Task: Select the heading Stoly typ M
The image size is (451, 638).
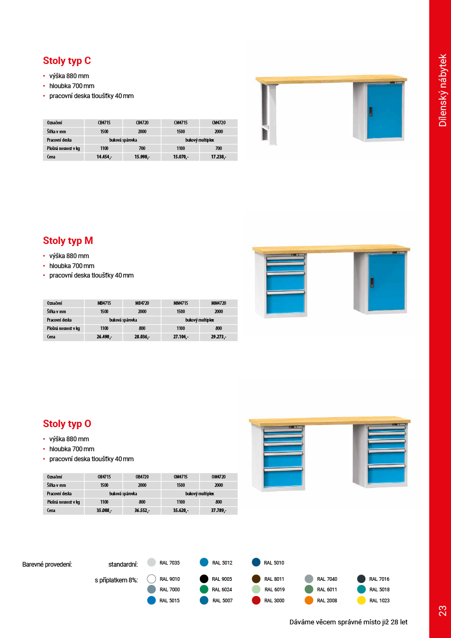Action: (x=68, y=241)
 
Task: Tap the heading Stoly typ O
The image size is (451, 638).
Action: (x=67, y=424)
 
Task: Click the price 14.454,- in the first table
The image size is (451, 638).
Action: (x=104, y=157)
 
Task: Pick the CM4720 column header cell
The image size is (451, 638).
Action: (x=219, y=123)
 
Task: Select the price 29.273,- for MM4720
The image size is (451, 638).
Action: (x=219, y=337)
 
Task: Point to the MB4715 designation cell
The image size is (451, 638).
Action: (x=104, y=303)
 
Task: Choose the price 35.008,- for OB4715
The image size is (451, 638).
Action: (x=104, y=511)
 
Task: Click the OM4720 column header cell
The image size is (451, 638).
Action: (x=219, y=477)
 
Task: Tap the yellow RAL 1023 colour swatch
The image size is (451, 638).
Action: (x=361, y=600)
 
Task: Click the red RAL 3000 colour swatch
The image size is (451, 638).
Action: (x=256, y=600)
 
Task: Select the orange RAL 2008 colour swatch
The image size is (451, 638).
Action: (x=309, y=600)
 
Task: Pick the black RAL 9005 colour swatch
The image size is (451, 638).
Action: (x=204, y=579)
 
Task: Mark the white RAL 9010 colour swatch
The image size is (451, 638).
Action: (x=152, y=579)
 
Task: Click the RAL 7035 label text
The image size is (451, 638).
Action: (x=169, y=563)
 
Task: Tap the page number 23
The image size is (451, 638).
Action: (x=442, y=611)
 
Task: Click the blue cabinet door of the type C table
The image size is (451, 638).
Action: (x=384, y=111)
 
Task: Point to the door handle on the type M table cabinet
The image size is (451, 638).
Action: (x=371, y=282)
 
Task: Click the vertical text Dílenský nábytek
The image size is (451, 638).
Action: (x=443, y=90)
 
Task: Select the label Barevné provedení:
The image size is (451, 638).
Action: (x=47, y=565)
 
